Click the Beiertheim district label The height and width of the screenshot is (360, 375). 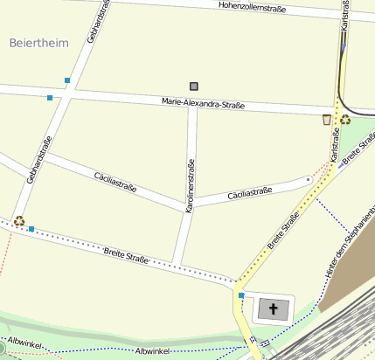coord(38,42)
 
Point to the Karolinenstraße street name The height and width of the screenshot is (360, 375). coord(190,186)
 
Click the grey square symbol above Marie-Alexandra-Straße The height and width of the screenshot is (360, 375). coord(194,86)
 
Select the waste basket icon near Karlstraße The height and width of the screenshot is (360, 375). coord(327,120)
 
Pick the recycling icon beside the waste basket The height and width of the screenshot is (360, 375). coord(345,120)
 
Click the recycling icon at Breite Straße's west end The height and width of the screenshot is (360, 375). coord(18,221)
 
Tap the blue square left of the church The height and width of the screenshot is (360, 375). coord(241,295)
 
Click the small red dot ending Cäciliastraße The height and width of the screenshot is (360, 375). coord(308,180)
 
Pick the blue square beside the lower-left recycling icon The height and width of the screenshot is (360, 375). coord(31,229)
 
